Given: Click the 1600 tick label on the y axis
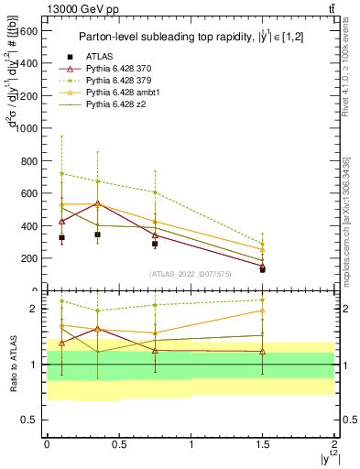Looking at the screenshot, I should coord(27,30).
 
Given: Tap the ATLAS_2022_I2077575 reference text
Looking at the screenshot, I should coord(191,273).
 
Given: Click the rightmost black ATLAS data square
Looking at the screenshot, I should coord(263,269).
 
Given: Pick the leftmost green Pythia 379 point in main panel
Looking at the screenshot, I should coord(61,173).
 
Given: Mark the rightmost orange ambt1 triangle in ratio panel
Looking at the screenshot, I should coord(263,311).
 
